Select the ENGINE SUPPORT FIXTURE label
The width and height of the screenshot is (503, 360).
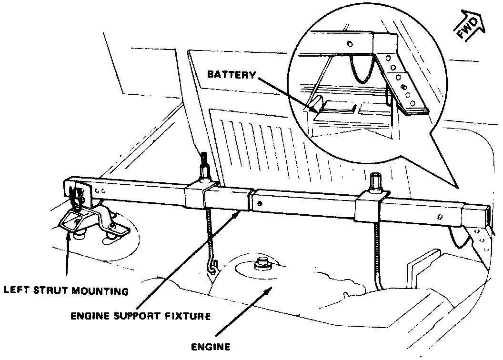click(x=140, y=316)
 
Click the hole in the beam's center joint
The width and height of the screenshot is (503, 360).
click(x=259, y=203)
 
